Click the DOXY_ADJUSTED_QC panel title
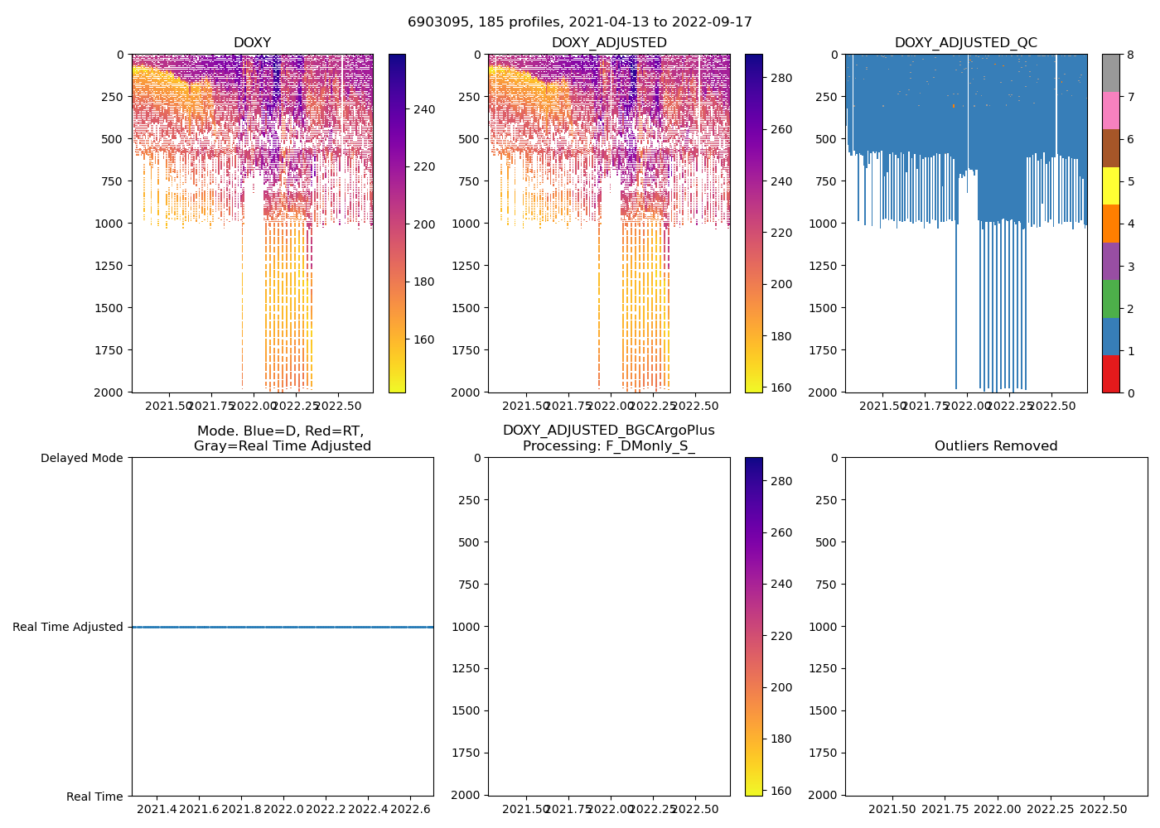(965, 43)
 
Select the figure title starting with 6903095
(580, 22)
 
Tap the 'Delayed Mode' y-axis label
(81, 458)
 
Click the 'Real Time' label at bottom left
(94, 797)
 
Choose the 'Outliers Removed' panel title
(996, 446)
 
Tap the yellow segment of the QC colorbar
(1110, 185)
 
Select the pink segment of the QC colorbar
(1110, 110)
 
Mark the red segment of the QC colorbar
(1110, 373)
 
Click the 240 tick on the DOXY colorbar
(424, 109)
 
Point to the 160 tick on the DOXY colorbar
(424, 339)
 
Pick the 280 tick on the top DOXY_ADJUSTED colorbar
(781, 78)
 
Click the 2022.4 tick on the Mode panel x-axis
(369, 808)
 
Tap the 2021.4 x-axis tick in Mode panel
(157, 808)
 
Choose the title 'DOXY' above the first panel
(252, 43)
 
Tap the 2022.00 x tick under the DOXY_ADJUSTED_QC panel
(967, 406)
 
